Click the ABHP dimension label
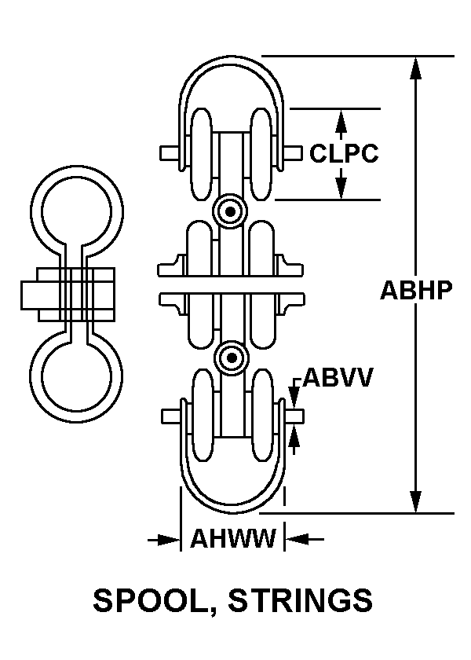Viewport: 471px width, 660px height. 416,290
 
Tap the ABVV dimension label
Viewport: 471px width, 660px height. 338,378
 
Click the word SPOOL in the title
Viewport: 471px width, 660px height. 150,602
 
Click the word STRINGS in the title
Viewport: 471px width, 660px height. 300,600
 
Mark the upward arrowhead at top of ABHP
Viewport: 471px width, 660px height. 416,68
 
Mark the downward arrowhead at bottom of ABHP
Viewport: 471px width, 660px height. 416,502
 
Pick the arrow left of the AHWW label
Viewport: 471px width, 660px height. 164,539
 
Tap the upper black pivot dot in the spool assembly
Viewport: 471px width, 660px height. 230,211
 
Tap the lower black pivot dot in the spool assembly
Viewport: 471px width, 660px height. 232,358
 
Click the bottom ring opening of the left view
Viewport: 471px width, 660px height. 77,376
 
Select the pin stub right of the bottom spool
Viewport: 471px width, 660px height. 294,416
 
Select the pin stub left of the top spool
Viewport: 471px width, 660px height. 170,152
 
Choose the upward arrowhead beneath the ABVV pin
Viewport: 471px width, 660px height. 294,435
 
